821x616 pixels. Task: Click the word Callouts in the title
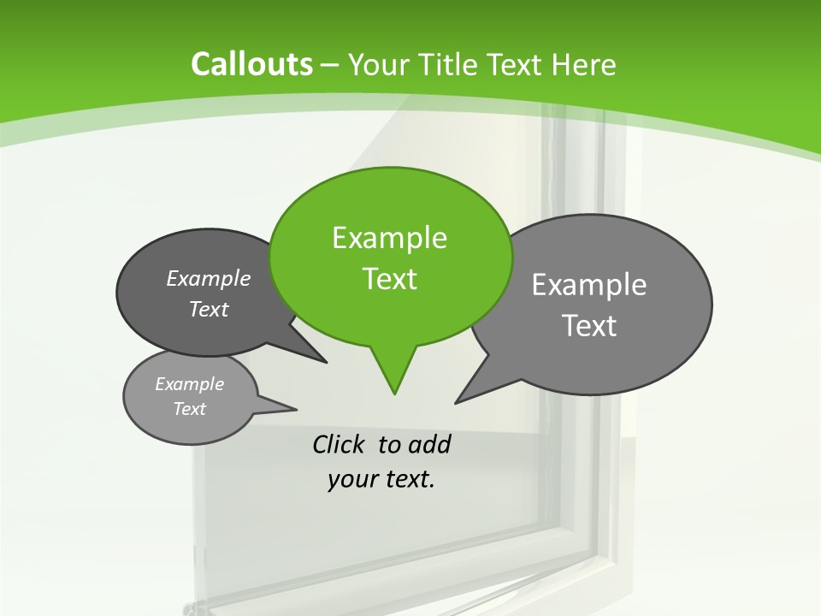pos(251,64)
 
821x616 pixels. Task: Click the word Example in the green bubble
pos(390,238)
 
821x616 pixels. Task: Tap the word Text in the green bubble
pos(390,279)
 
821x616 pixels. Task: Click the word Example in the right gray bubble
pos(589,285)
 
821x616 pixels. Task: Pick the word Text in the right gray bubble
pos(589,326)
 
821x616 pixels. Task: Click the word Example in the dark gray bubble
pos(209,279)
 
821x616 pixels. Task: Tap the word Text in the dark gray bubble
pos(209,310)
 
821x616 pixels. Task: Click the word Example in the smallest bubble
pos(190,384)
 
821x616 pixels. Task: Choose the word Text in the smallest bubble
pos(190,409)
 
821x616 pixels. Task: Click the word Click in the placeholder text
pos(340,445)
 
